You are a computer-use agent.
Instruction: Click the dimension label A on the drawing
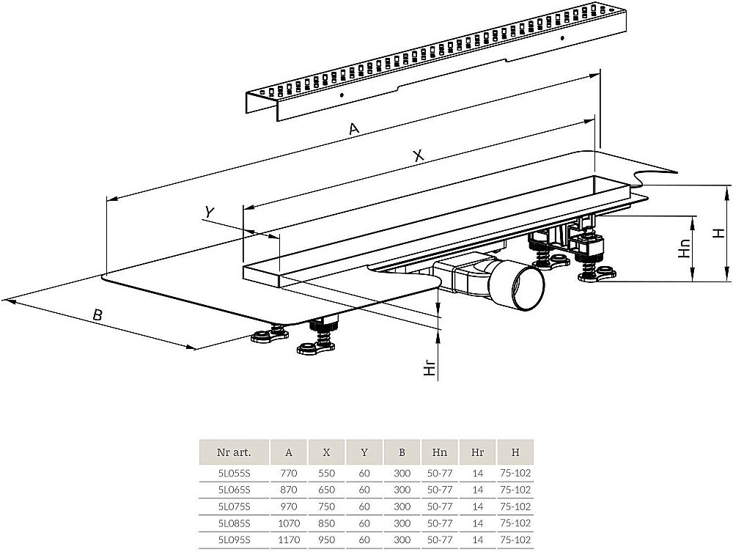click(354, 129)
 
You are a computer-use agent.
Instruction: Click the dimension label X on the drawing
click(419, 155)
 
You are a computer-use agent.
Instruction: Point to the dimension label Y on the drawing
click(210, 212)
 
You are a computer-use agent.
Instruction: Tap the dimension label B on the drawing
click(97, 315)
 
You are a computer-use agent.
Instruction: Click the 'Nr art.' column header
click(234, 452)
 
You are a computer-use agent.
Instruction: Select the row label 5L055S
click(234, 473)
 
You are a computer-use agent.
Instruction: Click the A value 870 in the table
click(289, 490)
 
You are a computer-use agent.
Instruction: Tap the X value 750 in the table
click(326, 507)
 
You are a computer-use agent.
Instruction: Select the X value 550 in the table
click(326, 473)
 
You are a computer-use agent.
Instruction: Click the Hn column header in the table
click(439, 452)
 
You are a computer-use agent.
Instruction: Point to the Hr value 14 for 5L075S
click(477, 507)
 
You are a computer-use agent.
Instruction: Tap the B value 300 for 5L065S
click(402, 490)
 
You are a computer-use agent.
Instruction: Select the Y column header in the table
click(364, 452)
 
